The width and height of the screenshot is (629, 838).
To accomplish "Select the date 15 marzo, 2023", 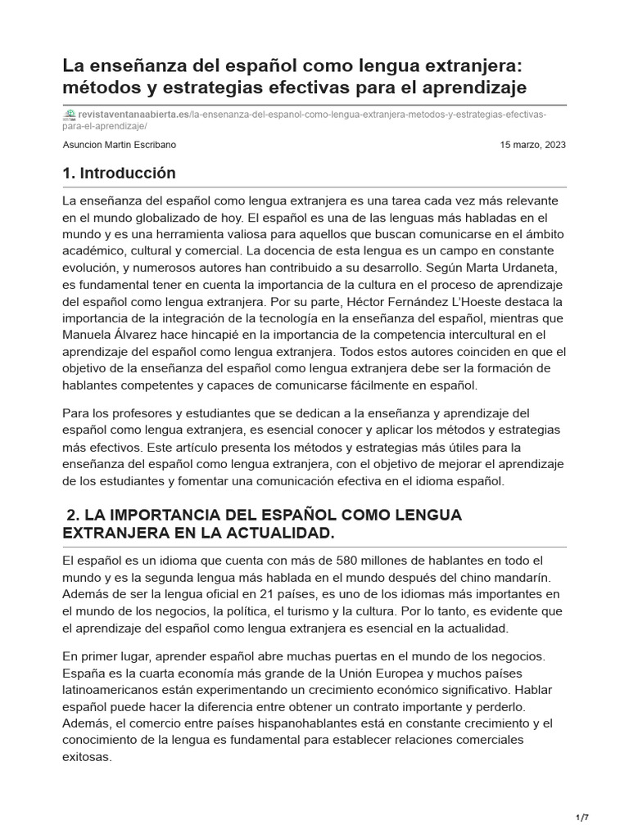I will pyautogui.click(x=532, y=145).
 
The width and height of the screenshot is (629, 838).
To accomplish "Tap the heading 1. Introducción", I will pyautogui.click(x=119, y=173).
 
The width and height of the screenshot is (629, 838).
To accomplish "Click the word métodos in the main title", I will pyautogui.click(x=97, y=86).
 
